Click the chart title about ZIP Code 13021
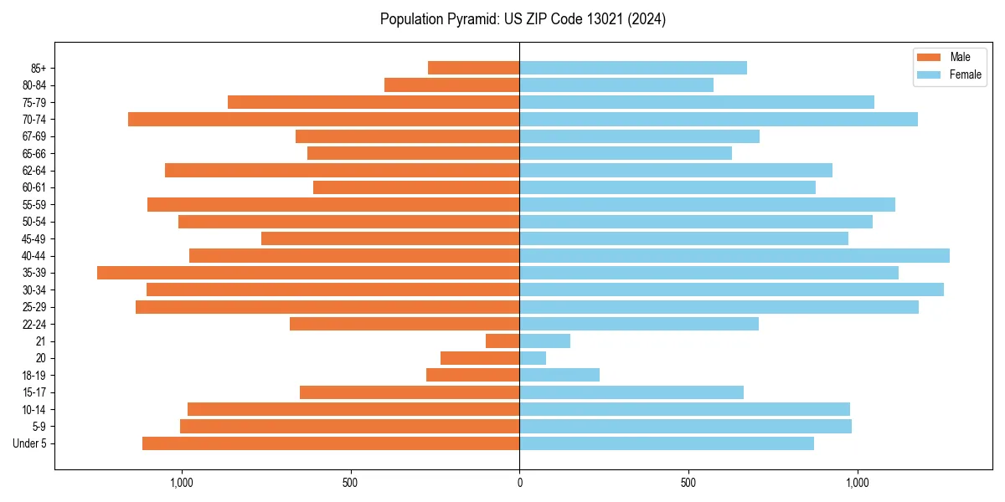[523, 19]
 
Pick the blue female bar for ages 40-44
[734, 255]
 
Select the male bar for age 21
[502, 341]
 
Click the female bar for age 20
[533, 358]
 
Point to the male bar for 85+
[473, 68]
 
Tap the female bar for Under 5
[667, 443]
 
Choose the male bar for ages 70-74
[323, 119]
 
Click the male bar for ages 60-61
[416, 187]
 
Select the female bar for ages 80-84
[616, 85]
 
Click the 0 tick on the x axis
[519, 483]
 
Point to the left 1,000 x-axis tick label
[182, 483]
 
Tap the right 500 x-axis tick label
[688, 483]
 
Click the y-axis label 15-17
[33, 392]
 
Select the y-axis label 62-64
[33, 171]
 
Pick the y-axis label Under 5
[30, 443]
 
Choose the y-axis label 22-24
[33, 324]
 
